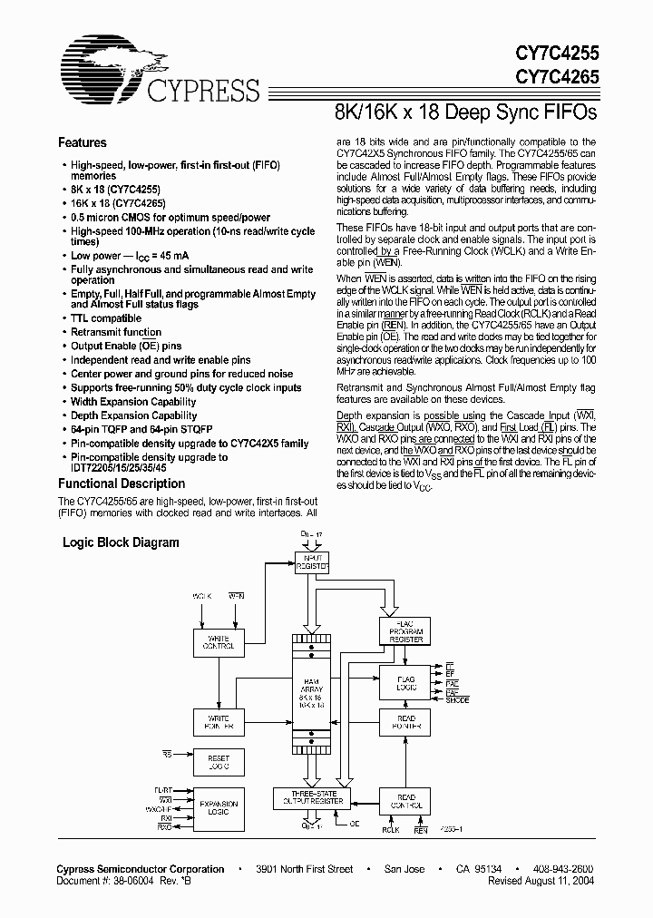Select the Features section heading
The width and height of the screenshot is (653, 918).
tap(83, 142)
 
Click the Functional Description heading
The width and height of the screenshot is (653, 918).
tap(122, 483)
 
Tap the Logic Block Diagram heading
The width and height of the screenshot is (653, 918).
tap(121, 542)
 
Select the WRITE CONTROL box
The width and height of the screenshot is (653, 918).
tap(219, 642)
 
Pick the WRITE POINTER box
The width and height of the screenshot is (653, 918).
tap(219, 722)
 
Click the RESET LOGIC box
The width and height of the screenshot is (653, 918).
tap(219, 763)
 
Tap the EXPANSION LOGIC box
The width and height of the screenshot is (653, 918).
tap(219, 806)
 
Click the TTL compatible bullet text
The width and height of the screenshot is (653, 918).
tap(106, 318)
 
